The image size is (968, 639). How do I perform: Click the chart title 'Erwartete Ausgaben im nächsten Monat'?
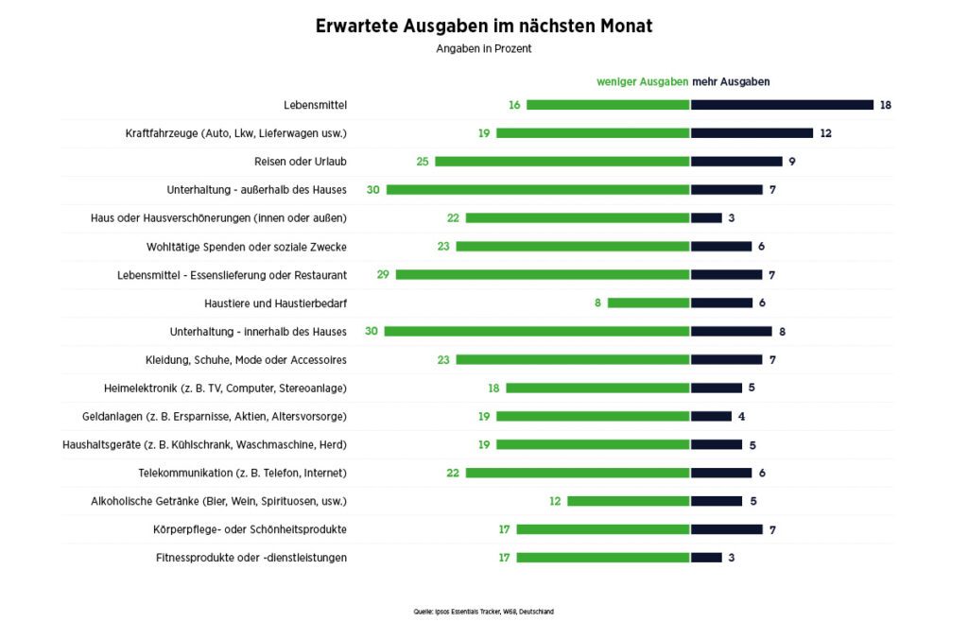click(x=484, y=26)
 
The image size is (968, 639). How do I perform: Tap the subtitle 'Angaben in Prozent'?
click(x=484, y=49)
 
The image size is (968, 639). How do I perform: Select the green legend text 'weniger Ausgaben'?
click(x=642, y=82)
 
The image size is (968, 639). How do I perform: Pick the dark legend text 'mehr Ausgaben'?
click(x=731, y=82)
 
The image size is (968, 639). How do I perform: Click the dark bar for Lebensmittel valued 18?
click(x=782, y=105)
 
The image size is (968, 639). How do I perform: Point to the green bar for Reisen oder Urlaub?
click(x=562, y=162)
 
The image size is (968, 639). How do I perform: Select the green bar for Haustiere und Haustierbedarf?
click(x=648, y=303)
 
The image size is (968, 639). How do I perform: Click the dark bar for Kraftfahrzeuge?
click(x=752, y=133)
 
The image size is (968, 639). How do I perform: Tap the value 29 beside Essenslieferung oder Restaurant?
click(x=383, y=275)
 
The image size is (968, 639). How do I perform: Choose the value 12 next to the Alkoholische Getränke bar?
click(x=555, y=501)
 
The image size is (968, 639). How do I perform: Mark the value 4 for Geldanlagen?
click(x=742, y=417)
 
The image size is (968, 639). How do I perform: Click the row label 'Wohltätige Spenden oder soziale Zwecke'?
click(x=246, y=247)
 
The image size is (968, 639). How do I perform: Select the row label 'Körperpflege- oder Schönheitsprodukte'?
click(x=250, y=529)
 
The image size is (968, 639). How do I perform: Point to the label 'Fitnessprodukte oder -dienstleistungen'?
click(x=251, y=558)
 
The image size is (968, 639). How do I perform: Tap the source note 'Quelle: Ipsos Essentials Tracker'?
click(x=484, y=612)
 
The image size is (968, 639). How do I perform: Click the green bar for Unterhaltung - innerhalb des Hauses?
click(x=537, y=332)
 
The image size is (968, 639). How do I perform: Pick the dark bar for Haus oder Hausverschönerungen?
click(x=706, y=218)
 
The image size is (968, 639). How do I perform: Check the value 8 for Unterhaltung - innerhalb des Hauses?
click(x=783, y=332)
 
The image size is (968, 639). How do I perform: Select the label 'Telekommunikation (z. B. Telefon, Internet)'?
click(x=242, y=473)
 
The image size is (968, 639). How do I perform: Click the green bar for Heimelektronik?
click(x=597, y=389)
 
